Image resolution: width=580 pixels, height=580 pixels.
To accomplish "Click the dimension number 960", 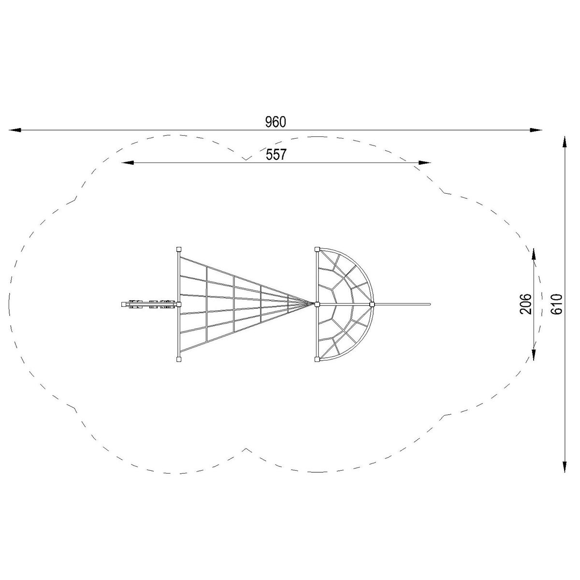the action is tap(275, 122).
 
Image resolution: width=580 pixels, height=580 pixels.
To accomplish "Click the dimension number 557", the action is tap(275, 154).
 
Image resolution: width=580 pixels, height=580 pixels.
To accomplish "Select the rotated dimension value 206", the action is tap(526, 304).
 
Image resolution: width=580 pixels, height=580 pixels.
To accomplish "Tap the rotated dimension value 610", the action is tap(556, 304).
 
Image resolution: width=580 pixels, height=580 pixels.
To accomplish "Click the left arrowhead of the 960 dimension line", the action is tap(15, 130).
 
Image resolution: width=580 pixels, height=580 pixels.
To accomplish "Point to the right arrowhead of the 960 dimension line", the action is tap(536, 130).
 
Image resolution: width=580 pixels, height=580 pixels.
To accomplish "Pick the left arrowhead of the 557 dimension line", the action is tap(128, 162).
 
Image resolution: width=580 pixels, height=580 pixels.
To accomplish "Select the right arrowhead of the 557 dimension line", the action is tap(425, 162).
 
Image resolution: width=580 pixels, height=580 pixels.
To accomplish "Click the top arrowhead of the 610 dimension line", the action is tap(565, 142).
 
